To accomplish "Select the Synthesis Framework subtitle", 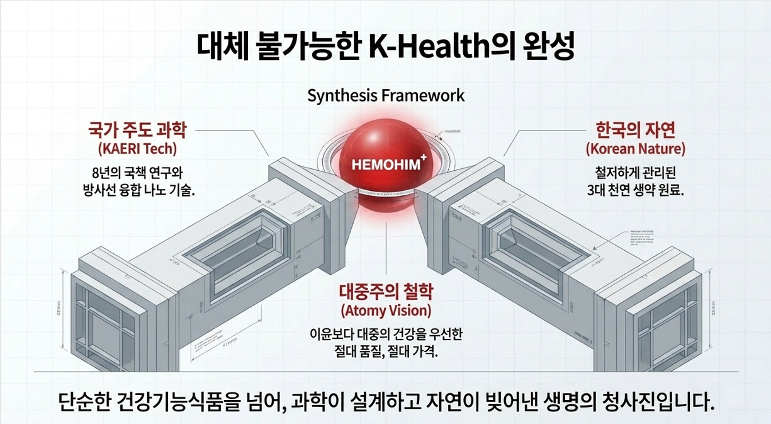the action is [386, 96].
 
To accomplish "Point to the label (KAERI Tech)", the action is [137, 149].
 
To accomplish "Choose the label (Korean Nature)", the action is [635, 149].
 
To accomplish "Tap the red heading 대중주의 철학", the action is [386, 292].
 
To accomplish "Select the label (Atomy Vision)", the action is [386, 311].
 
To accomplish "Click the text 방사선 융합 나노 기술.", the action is [137, 189].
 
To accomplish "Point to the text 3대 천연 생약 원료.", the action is [635, 189].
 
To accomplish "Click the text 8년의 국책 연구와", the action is [137, 172].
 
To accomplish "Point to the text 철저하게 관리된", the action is [635, 172].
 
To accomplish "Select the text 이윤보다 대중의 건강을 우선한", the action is [386, 333].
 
